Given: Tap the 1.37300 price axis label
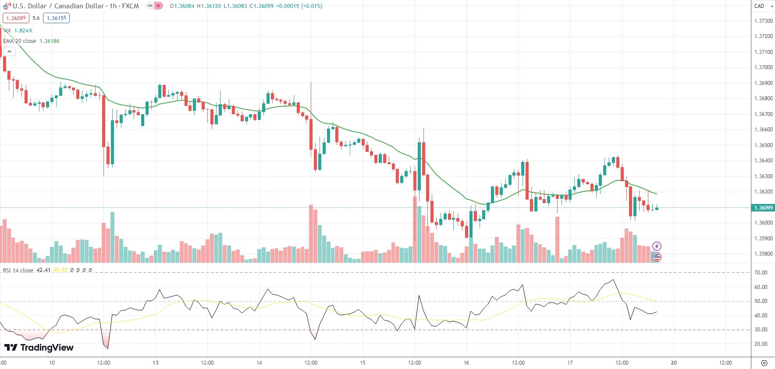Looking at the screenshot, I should (x=763, y=21).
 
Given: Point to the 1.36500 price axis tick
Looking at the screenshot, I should (x=763, y=145).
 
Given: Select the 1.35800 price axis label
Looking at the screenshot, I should (x=763, y=254).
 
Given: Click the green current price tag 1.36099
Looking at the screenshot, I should (x=763, y=208).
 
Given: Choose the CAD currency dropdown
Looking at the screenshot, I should (x=763, y=6).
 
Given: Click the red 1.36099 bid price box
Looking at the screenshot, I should (x=16, y=18).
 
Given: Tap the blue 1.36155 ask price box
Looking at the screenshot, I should (x=56, y=18).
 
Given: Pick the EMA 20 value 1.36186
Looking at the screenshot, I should (x=50, y=41).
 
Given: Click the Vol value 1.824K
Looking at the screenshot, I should (x=23, y=31).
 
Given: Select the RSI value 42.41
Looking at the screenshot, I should (x=43, y=270).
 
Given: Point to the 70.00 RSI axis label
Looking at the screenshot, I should (x=761, y=273).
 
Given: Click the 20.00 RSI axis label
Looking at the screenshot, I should (x=761, y=344).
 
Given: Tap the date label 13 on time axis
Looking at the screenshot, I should (x=155, y=363).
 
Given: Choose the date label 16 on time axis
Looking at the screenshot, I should (x=466, y=363).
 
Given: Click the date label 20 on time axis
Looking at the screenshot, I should (x=674, y=363).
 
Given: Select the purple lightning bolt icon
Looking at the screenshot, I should (x=657, y=246).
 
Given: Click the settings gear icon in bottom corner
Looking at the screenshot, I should (x=764, y=363).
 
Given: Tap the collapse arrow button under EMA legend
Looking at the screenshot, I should (x=9, y=52).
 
